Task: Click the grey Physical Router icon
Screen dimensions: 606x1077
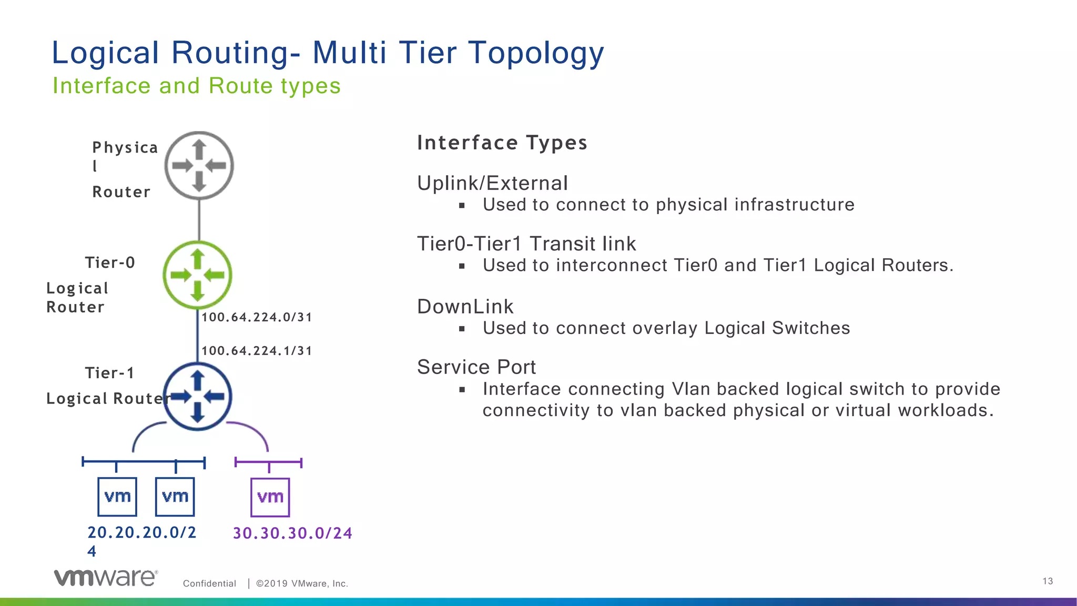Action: [199, 165]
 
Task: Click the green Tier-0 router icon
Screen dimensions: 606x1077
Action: [197, 275]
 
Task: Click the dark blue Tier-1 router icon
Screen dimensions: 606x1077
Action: [197, 396]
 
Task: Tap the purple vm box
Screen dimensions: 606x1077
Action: [270, 497]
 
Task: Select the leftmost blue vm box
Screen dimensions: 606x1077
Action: [117, 497]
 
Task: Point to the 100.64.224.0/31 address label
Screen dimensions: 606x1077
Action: [257, 317]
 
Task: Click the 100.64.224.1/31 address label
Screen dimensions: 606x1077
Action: [257, 351]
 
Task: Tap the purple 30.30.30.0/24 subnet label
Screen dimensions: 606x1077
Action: [292, 533]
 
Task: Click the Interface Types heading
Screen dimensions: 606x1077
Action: [502, 143]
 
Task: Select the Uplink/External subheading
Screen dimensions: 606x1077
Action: [492, 183]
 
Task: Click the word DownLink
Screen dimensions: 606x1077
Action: [465, 307]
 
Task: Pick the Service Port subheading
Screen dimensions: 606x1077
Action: [476, 367]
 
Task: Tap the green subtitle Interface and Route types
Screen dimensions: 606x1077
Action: [197, 86]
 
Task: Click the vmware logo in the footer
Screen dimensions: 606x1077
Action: [105, 578]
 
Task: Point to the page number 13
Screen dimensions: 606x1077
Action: [1048, 581]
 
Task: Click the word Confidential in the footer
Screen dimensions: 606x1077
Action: [209, 583]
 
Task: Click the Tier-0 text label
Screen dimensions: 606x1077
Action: [110, 262]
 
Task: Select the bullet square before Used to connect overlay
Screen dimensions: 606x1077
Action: [462, 329]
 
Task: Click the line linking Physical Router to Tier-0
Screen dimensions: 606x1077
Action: [199, 220]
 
